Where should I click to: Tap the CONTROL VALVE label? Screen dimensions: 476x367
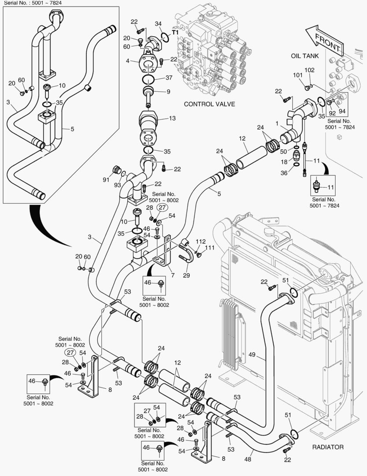[209, 104]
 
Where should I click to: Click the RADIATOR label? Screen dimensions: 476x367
[328, 447]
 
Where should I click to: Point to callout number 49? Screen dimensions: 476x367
[252, 354]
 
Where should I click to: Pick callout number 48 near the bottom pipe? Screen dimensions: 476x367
[248, 452]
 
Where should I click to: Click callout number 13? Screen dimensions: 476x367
[172, 118]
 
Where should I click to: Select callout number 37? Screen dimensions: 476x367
[169, 78]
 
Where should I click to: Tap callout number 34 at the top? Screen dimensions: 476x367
[159, 23]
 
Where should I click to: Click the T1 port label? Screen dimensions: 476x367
[175, 33]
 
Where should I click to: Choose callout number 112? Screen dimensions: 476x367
[201, 241]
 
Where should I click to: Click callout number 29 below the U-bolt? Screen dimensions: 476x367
[186, 275]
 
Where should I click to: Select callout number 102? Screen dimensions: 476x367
[310, 70]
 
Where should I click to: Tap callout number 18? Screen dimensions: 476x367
[284, 162]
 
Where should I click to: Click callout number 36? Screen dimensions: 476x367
[284, 173]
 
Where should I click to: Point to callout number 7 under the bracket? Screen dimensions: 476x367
[173, 275]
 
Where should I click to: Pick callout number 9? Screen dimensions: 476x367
[168, 92]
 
